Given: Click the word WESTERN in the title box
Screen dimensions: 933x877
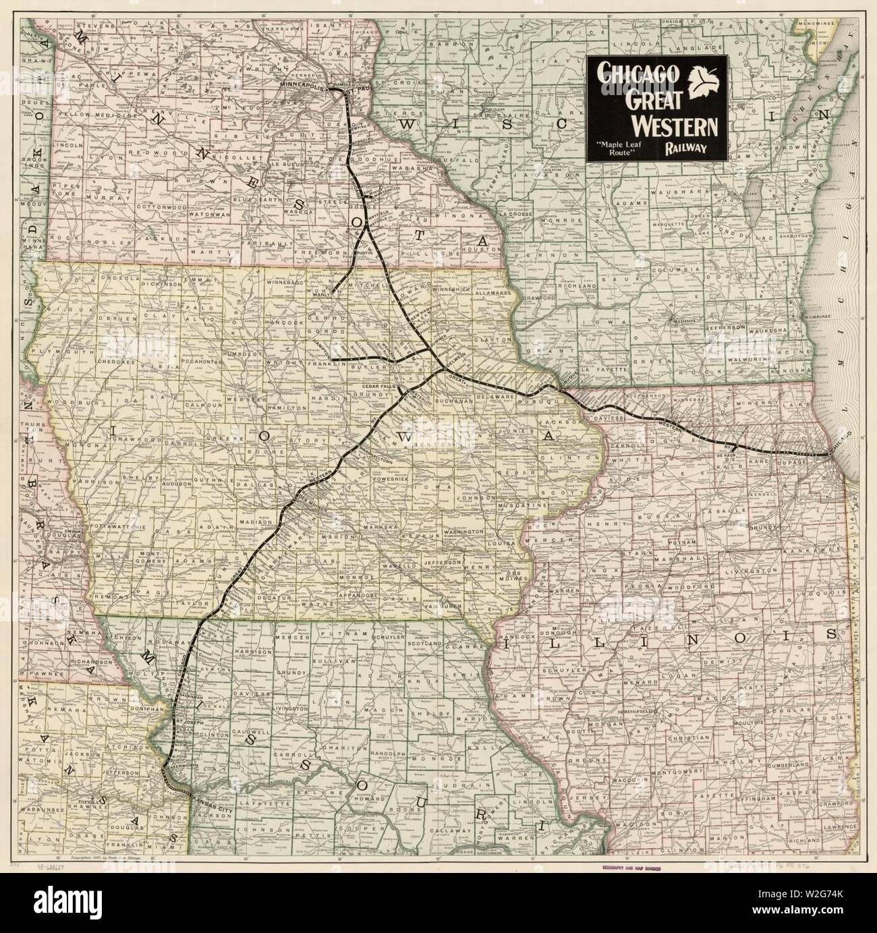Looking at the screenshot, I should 675,125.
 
